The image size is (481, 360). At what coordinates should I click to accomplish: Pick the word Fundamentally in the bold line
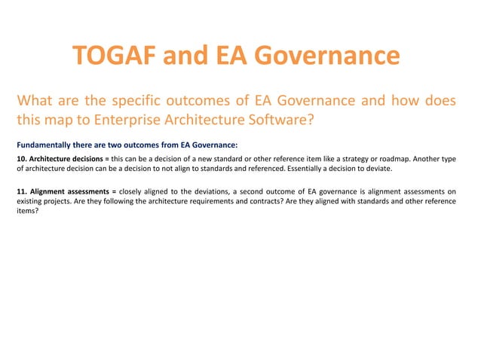[43, 144]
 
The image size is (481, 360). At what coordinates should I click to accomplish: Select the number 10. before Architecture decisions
[22, 158]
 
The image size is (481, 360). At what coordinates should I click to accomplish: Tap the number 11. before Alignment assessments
[22, 191]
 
